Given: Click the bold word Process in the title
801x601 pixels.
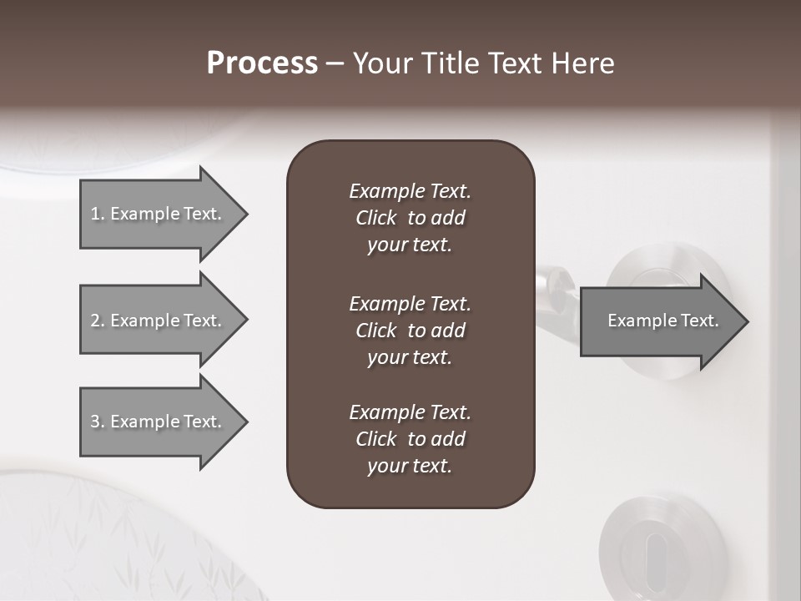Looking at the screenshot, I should click(x=262, y=63).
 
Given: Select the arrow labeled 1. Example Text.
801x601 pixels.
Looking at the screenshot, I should click(x=159, y=214).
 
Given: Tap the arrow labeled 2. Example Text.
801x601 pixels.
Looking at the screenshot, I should click(x=159, y=321).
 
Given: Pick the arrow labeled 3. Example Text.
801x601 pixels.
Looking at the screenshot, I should click(x=159, y=422).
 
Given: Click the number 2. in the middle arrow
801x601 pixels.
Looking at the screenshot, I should click(x=98, y=321).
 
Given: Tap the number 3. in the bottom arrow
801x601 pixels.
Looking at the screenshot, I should click(x=98, y=422).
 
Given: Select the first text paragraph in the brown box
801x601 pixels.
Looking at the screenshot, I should click(x=410, y=218).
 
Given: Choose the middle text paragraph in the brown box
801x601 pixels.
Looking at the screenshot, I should click(x=410, y=331).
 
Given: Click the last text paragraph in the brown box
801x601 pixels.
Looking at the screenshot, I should click(x=410, y=439).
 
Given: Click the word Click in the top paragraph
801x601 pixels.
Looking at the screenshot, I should click(x=376, y=218).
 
